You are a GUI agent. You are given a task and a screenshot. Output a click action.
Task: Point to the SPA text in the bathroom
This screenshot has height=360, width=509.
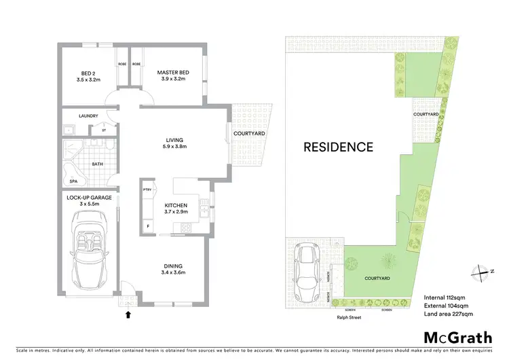[73, 181]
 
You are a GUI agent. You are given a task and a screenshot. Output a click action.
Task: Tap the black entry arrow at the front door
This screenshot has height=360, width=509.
[128, 314]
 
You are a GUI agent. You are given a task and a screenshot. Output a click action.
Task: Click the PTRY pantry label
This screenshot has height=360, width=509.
[147, 191]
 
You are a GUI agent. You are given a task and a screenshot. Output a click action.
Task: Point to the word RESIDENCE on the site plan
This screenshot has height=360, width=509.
[338, 147]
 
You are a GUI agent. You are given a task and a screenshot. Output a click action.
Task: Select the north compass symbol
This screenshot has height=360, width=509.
[482, 271]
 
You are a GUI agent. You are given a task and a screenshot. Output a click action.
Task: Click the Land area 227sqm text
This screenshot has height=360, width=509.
[448, 314]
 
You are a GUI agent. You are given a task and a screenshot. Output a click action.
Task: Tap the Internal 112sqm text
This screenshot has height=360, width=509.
[445, 297]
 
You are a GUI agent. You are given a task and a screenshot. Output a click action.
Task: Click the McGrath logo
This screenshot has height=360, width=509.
[459, 338]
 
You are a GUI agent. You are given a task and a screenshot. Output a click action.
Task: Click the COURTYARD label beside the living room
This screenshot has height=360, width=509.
[249, 134]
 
